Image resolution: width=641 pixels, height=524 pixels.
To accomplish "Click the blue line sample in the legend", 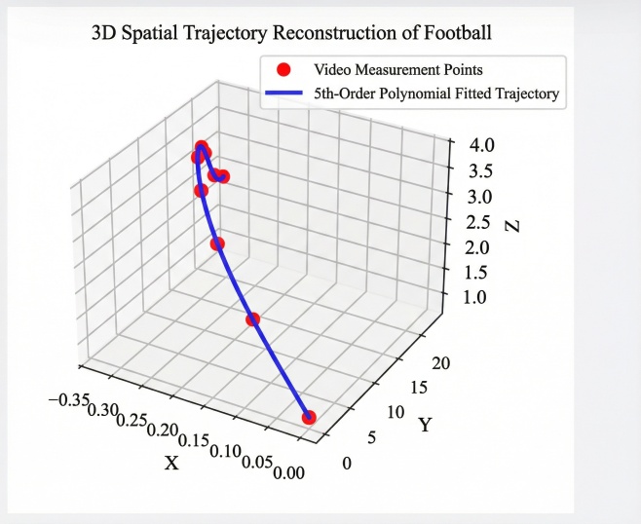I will point(284,95).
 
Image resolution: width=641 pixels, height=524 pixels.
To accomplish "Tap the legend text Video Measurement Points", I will point(398,70).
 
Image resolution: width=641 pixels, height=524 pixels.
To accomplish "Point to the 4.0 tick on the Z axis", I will point(482,146).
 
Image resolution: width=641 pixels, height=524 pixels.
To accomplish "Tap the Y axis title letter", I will point(425,425).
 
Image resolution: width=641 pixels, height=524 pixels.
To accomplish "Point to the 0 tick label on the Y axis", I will point(346,463).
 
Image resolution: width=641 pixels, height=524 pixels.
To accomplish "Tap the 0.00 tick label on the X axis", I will point(289,472).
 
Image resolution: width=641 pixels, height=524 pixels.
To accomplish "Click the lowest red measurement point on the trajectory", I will point(309,417).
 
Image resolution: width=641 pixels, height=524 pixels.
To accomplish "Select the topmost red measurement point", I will point(201,148).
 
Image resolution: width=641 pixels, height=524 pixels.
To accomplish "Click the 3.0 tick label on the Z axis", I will point(482,197).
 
